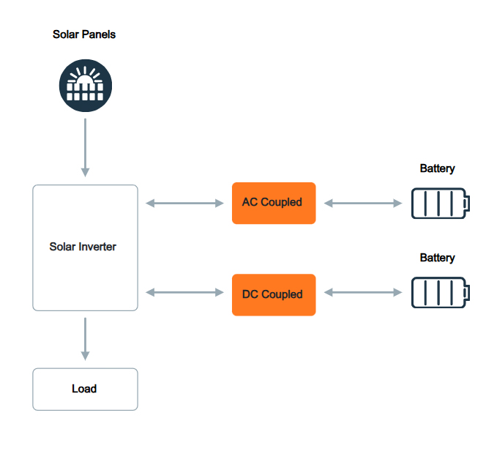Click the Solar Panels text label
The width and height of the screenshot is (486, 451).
pos(84,34)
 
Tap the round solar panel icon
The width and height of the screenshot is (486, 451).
pos(86,86)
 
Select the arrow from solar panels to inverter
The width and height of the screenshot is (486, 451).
pos(86,146)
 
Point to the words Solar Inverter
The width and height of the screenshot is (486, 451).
pos(83,247)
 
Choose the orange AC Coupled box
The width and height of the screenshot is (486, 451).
pos(274,203)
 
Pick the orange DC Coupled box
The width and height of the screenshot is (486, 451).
pos(274,294)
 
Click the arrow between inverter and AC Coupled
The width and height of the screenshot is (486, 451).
pos(185,203)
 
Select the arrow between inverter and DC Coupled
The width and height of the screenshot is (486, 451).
pos(185,293)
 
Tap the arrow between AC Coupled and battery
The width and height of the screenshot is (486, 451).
pos(362,203)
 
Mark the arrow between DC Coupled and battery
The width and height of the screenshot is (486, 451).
pos(362,293)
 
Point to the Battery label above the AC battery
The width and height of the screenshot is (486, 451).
pos(437,168)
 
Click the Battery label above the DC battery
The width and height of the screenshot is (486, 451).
pos(437,258)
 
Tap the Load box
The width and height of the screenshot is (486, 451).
pos(86,389)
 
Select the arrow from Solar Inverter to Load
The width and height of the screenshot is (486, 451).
pos(86,338)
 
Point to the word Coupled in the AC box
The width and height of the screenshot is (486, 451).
pos(282,202)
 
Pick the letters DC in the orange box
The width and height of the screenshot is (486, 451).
pos(250,294)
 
